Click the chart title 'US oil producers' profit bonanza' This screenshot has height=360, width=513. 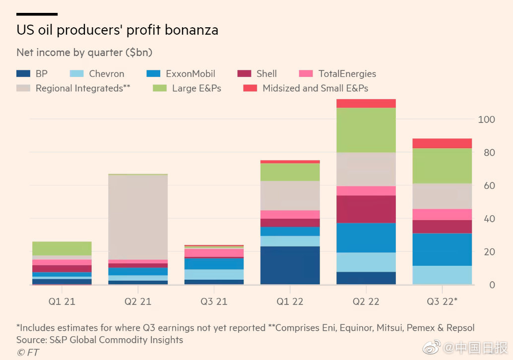(117, 30)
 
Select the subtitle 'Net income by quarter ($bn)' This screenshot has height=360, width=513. (84, 52)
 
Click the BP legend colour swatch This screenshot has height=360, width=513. (23, 74)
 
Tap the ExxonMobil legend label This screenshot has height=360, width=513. (191, 74)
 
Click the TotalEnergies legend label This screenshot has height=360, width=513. (347, 74)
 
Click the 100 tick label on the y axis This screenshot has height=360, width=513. (486, 120)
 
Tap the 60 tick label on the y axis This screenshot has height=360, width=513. (488, 186)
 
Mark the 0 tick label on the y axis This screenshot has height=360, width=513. (491, 285)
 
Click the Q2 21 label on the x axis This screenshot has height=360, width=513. (138, 301)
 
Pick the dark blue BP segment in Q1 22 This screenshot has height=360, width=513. (290, 265)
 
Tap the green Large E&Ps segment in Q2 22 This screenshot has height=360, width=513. (366, 130)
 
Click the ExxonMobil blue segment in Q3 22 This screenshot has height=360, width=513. (442, 249)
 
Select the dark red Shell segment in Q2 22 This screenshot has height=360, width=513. (366, 209)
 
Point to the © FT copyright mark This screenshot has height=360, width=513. (28, 353)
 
